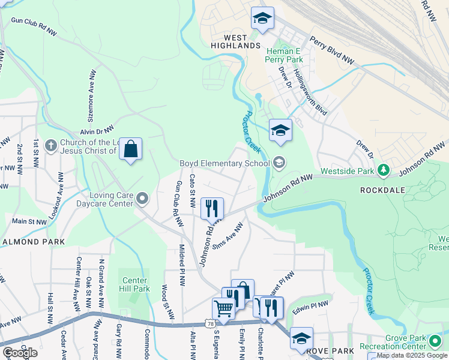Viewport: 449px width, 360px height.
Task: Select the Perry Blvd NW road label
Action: coord(333,50)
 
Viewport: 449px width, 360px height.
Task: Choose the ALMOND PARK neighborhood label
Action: coord(34,242)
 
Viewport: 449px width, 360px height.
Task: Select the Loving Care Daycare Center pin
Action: coord(142,197)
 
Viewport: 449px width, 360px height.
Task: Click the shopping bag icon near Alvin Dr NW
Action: coord(131,149)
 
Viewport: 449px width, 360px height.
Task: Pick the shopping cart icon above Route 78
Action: coord(223,308)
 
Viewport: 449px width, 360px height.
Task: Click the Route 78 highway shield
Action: coord(209,324)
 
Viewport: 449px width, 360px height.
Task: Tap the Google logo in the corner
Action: coord(19,352)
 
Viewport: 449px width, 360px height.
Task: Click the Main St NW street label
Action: coord(29,221)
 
